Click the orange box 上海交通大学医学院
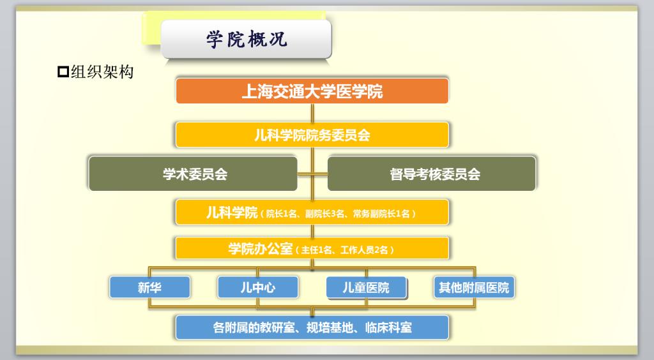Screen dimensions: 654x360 coord(312,91)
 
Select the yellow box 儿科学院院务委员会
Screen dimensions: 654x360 coord(312,135)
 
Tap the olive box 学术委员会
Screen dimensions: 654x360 coord(193,174)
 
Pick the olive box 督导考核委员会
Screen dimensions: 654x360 coord(431,174)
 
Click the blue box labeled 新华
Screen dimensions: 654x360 coord(149,287)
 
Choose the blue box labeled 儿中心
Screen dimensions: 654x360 coord(258,287)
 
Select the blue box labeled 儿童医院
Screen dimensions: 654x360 coord(366,287)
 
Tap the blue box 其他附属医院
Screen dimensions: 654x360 coord(475,287)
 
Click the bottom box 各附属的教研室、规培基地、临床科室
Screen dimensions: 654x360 coord(312,327)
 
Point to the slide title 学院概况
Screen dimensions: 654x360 coord(247,39)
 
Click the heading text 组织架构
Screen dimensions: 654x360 coord(102,71)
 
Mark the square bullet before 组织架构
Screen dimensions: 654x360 coord(63,71)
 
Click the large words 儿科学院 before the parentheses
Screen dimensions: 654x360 coord(232,213)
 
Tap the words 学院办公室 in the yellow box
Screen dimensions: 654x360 coord(261,249)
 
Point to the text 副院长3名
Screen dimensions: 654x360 coord(325,214)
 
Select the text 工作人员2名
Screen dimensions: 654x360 coord(364,250)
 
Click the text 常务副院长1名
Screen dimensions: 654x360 coord(381,214)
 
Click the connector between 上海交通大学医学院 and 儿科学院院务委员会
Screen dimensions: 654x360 coord(312,113)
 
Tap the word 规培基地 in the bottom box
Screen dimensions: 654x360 coord(330,327)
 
